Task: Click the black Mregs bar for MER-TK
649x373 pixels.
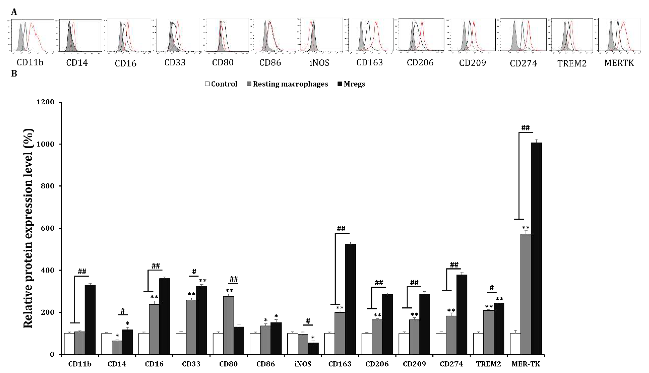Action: (x=536, y=248)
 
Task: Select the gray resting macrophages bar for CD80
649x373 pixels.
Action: (x=229, y=325)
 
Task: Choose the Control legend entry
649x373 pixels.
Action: (x=221, y=84)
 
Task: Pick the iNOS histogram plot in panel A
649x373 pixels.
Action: (x=321, y=35)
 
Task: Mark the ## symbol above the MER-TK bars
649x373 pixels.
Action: (x=525, y=128)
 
